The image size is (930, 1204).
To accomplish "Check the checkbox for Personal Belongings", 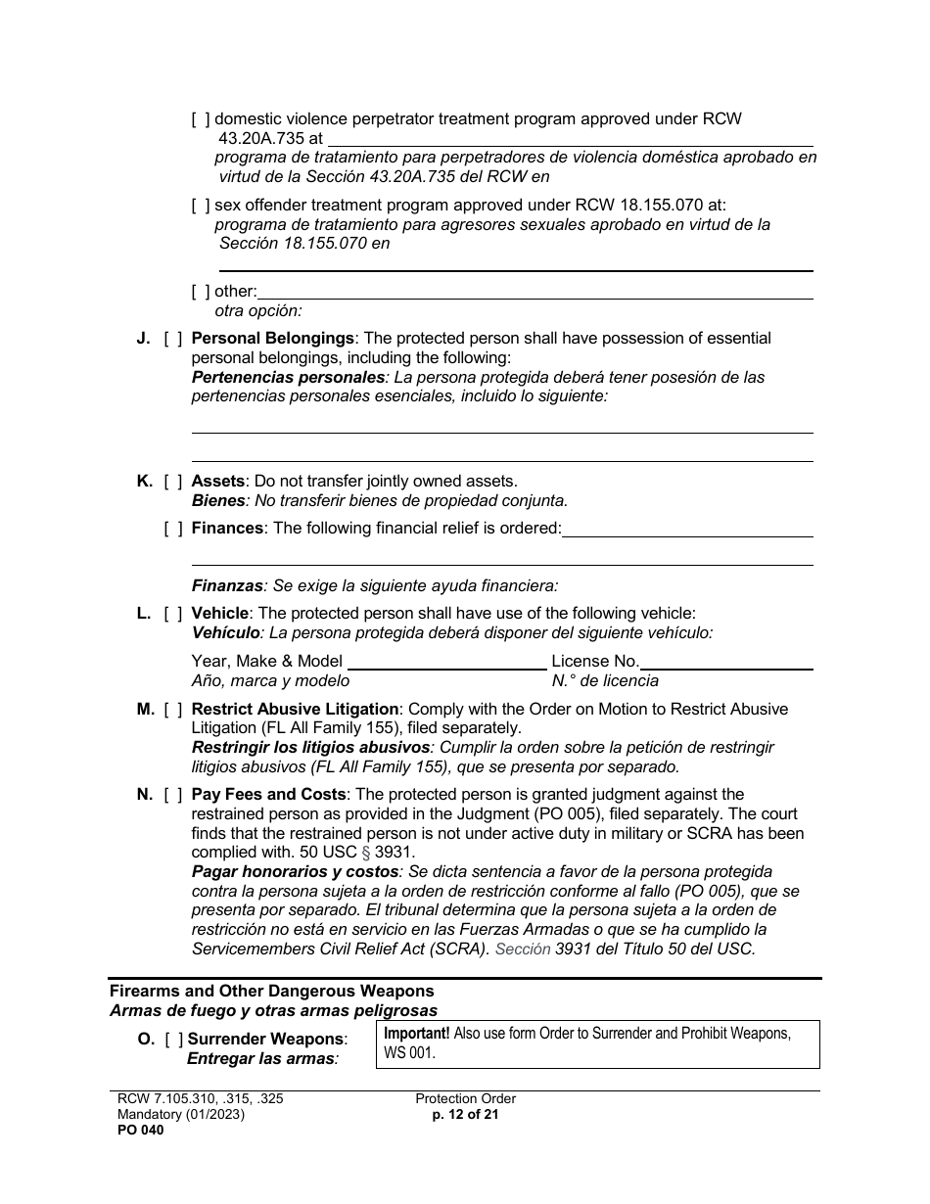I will [x=172, y=339].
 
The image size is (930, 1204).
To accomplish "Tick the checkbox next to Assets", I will [x=172, y=482].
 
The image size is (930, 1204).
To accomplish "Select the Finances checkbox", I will [x=172, y=529].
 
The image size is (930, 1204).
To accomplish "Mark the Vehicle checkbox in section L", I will [x=172, y=614].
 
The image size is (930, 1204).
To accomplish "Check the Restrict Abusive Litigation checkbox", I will [x=172, y=710].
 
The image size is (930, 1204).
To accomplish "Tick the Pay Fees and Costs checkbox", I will [x=172, y=795].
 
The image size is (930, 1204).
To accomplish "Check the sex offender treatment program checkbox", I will [x=201, y=206].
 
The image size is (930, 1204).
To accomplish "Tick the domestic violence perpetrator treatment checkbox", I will [x=201, y=119].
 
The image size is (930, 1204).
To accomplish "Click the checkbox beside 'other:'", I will [x=201, y=292].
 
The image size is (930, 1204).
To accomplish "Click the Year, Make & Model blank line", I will [x=446, y=663].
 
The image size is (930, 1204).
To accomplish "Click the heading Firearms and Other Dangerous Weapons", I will [x=272, y=992].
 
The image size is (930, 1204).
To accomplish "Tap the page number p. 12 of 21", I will [x=465, y=1115].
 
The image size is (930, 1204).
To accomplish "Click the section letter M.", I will [x=145, y=710].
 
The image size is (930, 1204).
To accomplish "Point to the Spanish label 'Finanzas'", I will [x=227, y=586].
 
